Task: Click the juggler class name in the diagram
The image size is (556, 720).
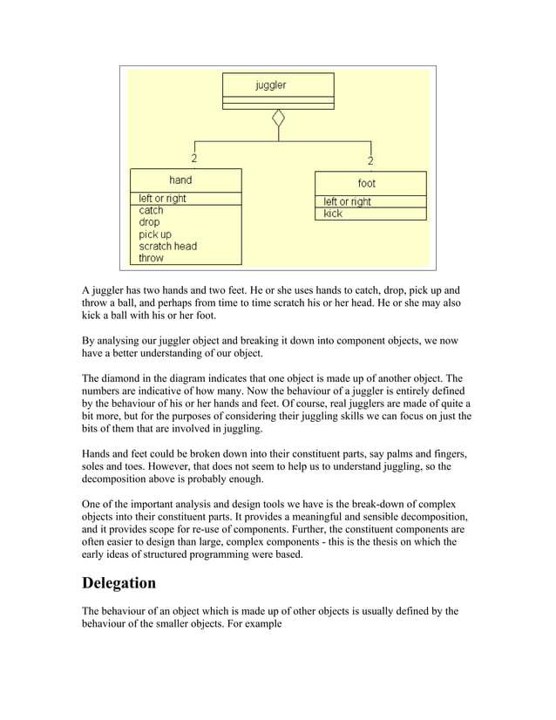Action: click(x=270, y=85)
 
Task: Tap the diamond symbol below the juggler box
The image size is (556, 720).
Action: click(x=278, y=118)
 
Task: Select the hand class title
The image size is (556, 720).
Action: click(x=180, y=180)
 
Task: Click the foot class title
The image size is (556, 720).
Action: click(x=367, y=183)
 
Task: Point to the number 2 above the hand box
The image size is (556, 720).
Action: click(x=193, y=159)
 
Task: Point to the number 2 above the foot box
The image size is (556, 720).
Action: click(x=370, y=161)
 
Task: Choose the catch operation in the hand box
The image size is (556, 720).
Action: click(x=151, y=210)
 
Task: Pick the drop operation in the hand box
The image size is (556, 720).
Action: click(x=149, y=222)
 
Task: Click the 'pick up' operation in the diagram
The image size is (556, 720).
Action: click(x=155, y=234)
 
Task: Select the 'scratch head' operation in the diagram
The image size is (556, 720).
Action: click(x=168, y=246)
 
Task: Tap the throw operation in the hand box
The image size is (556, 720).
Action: click(x=151, y=258)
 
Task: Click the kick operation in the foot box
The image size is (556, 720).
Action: click(x=333, y=214)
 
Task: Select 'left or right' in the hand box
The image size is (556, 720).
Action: click(x=163, y=198)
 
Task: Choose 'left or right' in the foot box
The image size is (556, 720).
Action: click(x=348, y=201)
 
